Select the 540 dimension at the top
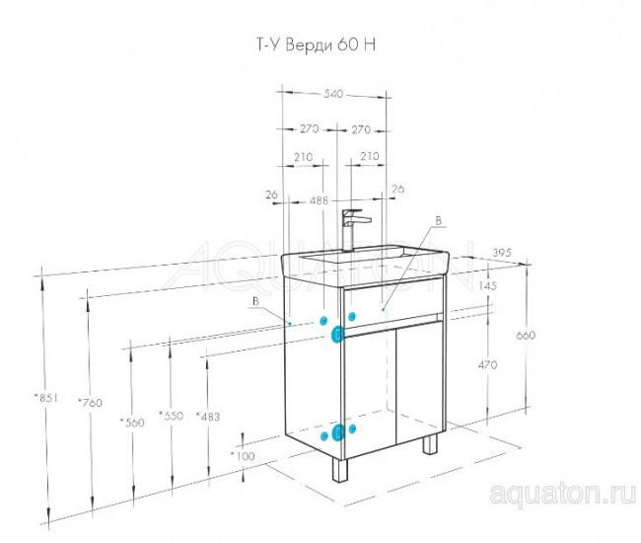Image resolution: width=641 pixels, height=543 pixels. (x=332, y=94)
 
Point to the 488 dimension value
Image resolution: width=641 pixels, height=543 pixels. (x=319, y=200)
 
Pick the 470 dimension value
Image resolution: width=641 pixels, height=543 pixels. (x=487, y=364)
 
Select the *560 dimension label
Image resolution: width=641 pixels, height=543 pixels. (x=131, y=422)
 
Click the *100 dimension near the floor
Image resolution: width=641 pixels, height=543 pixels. (x=241, y=455)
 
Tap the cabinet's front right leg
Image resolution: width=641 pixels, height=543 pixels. (x=430, y=445)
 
